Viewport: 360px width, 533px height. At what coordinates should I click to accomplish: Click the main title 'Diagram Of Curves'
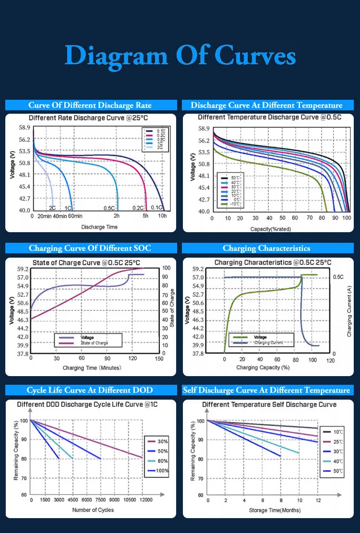[x=180, y=56]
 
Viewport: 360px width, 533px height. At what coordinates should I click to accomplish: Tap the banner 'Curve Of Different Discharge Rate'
[x=90, y=106]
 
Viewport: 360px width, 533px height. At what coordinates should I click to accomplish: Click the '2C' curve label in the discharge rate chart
[x=52, y=208]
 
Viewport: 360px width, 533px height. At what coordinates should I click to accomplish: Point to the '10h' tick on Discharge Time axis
[x=163, y=216]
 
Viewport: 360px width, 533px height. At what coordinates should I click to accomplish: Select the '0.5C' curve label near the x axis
[x=109, y=208]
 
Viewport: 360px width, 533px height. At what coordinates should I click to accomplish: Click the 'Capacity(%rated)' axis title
[x=271, y=229]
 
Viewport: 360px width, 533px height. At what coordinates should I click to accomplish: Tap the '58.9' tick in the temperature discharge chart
[x=204, y=129]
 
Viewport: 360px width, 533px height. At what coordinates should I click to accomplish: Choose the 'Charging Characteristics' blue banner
[x=266, y=248]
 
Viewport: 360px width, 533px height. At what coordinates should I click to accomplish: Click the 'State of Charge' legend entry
[x=95, y=343]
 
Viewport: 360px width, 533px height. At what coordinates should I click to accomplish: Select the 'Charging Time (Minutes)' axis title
[x=92, y=368]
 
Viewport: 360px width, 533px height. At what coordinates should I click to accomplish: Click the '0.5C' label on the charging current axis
[x=338, y=277]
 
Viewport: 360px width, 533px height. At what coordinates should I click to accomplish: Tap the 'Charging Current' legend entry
[x=268, y=343]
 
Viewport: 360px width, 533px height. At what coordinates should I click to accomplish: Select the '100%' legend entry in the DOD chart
[x=160, y=471]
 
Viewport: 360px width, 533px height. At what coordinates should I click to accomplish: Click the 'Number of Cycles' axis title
[x=93, y=509]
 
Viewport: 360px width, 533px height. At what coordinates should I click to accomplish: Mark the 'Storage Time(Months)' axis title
[x=271, y=509]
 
